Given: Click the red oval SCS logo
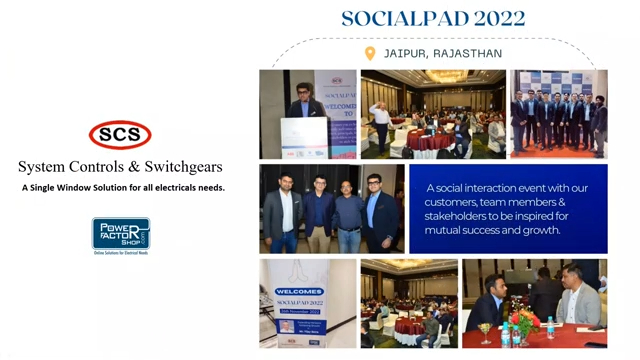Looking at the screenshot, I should click(x=120, y=134).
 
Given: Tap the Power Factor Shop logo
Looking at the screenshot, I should click(x=121, y=234).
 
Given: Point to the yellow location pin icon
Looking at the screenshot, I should click(x=370, y=53).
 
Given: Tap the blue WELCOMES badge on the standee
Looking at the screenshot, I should click(x=300, y=292).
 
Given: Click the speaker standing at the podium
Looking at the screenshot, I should click(x=303, y=108).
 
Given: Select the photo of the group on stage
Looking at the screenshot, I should click(x=558, y=114).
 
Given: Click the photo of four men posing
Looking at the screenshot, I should click(x=331, y=207).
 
